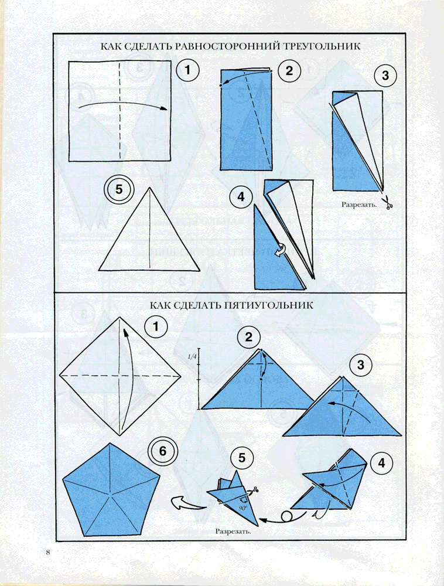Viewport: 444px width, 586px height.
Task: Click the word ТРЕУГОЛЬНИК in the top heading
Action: [320, 46]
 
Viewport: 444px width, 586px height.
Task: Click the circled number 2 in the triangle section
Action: [289, 71]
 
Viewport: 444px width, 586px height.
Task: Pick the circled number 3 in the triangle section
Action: [385, 76]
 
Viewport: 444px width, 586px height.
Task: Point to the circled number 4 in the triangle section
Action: [241, 196]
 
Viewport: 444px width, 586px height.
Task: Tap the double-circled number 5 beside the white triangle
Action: [119, 189]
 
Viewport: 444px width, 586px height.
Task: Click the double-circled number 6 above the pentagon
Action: [163, 451]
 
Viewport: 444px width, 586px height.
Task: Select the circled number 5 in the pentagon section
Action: [242, 458]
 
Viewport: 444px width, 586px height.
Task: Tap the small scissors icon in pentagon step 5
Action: [254, 490]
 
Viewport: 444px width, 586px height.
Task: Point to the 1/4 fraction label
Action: [192, 357]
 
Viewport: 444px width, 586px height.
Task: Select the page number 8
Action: [48, 553]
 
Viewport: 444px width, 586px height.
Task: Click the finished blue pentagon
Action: [111, 490]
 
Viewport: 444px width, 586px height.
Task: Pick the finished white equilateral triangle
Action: [149, 229]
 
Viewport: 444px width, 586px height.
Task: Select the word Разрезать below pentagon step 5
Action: [233, 531]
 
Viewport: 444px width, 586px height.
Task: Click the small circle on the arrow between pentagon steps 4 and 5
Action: [287, 516]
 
